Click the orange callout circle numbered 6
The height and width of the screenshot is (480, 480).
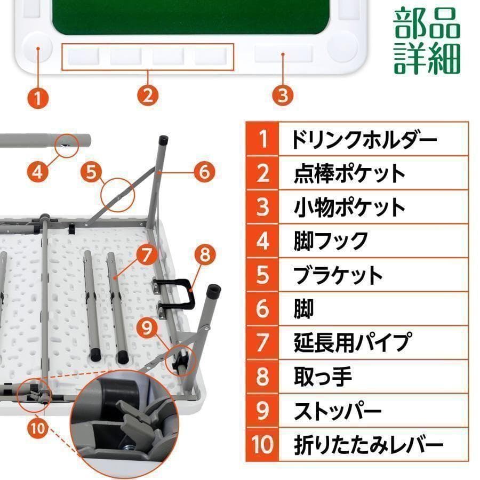click(204, 172)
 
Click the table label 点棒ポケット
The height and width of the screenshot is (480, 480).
click(349, 173)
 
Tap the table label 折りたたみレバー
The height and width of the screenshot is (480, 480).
click(369, 444)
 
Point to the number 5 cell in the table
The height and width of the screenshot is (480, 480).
click(262, 275)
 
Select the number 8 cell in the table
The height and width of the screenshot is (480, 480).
click(262, 377)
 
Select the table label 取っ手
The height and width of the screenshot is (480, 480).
click(323, 377)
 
